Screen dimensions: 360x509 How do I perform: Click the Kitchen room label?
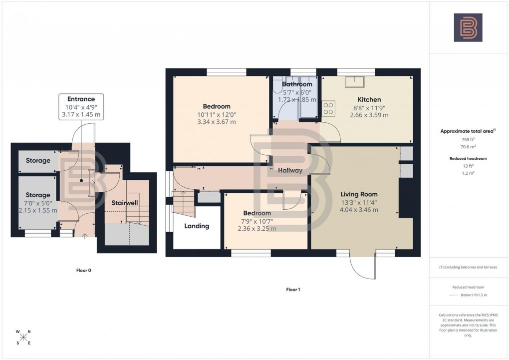click(369, 99)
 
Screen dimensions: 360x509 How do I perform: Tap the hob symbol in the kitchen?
click(328, 108)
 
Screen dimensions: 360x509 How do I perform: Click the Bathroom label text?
click(297, 84)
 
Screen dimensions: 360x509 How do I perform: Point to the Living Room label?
click(359, 194)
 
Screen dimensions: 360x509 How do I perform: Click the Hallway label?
click(290, 170)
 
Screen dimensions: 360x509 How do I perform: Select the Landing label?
click(197, 226)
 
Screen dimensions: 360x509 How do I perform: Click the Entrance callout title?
click(81, 99)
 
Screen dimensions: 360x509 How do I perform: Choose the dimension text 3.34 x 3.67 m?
click(216, 122)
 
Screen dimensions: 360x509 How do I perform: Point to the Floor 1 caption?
click(293, 290)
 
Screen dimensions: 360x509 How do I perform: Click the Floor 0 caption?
click(83, 271)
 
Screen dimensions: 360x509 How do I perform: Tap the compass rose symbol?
click(23, 337)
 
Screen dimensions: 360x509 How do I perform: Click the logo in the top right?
click(468, 27)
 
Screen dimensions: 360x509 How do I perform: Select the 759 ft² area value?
click(468, 140)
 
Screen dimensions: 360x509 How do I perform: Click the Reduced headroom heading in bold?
click(468, 158)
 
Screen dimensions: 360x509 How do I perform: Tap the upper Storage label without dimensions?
click(38, 161)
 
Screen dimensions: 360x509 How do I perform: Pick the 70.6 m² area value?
click(468, 147)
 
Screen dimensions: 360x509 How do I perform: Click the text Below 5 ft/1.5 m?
click(473, 295)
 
